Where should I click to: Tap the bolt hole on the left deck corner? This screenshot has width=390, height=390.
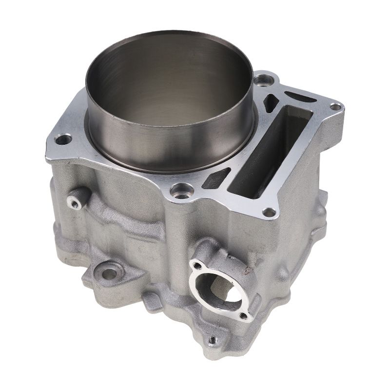(x=61, y=140)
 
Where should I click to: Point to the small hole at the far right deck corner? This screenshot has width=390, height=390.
(x=335, y=107)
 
